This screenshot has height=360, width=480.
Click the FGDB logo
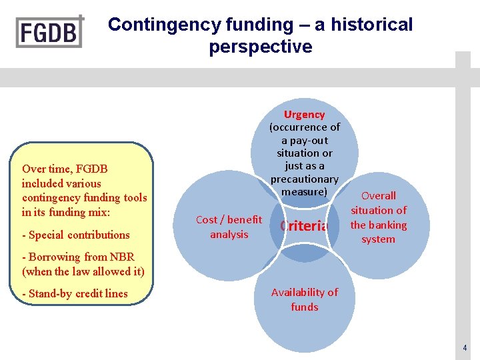[50, 31]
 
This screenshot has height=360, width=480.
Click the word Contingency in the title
[155, 25]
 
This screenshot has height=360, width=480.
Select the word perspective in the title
[260, 47]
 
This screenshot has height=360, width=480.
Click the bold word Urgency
[304, 115]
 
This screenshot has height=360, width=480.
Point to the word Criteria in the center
[304, 226]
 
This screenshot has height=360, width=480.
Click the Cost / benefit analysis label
[229, 227]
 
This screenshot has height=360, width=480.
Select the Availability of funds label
[304, 299]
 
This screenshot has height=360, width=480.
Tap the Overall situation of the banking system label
[378, 217]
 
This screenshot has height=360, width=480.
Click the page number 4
[465, 348]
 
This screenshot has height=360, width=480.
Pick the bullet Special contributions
[76, 235]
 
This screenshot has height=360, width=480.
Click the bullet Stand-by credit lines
[75, 294]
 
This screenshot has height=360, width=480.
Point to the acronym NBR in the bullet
[121, 257]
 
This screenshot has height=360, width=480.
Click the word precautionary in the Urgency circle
[304, 179]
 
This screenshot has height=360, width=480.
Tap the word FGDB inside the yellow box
[90, 169]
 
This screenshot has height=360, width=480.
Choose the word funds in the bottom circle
[304, 307]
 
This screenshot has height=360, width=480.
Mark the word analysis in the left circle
[229, 234]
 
